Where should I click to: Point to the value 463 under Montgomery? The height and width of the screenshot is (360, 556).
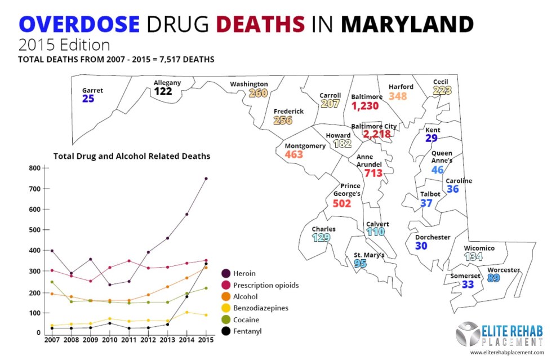coord(293,154)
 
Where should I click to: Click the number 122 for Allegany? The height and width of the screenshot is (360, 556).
coord(163,92)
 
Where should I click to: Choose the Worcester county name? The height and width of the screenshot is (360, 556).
coord(503,270)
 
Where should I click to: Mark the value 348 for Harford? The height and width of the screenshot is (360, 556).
coord(398,96)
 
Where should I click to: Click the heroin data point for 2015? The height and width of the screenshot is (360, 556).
coord(206,179)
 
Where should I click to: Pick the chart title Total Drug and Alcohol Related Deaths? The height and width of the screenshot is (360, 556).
coord(132,155)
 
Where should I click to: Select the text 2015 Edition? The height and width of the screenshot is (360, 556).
coord(63,44)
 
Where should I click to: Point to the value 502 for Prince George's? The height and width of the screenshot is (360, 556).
coord(341,203)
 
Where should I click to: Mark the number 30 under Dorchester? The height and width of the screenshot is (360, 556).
coord(421,246)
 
